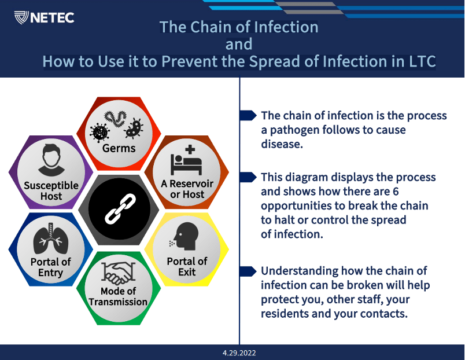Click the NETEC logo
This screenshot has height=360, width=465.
click(x=44, y=17)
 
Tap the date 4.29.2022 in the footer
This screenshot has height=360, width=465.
click(x=239, y=353)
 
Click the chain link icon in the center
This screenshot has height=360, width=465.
click(x=120, y=208)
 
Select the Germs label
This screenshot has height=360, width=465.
click(x=119, y=148)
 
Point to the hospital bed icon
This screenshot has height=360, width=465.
click(x=186, y=160)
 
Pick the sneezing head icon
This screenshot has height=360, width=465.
click(x=184, y=236)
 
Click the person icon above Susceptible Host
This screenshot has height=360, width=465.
click(x=51, y=160)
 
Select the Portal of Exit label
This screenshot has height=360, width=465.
click(x=187, y=266)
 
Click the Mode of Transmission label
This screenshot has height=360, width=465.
click(x=118, y=296)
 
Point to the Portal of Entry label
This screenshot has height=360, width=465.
click(x=51, y=267)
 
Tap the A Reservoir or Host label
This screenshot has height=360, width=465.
click(x=187, y=189)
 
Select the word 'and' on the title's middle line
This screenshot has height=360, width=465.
click(x=239, y=44)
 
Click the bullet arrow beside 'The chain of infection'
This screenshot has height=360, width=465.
click(x=248, y=115)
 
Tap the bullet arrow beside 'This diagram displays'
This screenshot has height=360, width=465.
click(x=248, y=177)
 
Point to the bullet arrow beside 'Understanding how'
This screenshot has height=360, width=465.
click(x=248, y=271)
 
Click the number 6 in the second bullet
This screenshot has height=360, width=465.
click(x=396, y=192)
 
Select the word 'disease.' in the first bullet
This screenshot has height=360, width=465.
click(x=282, y=144)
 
